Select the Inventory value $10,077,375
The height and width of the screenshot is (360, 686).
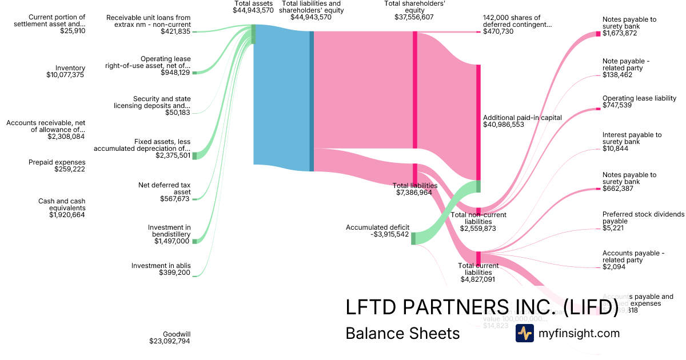pos(66,75)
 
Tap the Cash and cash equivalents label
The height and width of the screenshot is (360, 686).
pos(61,205)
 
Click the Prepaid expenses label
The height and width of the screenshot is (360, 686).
pos(57,162)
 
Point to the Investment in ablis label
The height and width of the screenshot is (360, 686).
pos(161,266)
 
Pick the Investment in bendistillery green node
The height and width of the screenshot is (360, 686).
pos(194,241)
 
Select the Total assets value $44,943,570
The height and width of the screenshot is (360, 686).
pos(253,10)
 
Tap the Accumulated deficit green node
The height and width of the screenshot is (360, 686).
pos(413,238)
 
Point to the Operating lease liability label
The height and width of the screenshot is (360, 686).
pos(639,98)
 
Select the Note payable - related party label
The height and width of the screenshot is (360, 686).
pos(626,65)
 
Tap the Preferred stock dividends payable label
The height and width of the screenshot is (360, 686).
pos(643,218)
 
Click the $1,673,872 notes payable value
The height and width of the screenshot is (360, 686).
pos(620,33)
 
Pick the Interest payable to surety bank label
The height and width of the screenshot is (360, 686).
pos(632,138)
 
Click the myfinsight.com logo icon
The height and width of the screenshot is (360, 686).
pos(524,333)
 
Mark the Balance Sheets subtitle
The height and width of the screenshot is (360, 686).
pos(402,333)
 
